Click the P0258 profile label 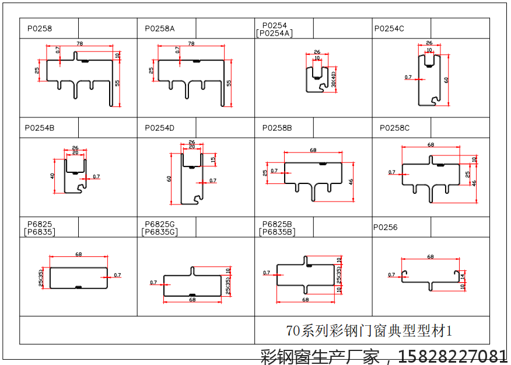40,28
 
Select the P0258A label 160,28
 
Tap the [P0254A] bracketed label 274,33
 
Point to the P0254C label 389,28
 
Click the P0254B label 39,127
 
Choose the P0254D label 160,127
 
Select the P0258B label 277,127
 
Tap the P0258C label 395,127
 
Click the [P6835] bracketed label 39,232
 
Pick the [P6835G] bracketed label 159,232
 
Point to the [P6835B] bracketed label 277,232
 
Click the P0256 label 386,227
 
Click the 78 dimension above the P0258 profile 79,44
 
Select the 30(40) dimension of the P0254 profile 333,79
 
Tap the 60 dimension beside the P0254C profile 446,80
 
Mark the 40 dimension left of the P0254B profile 52,175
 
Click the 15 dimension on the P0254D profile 213,159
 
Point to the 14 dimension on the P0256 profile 462,275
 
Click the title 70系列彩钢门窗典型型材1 369,331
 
